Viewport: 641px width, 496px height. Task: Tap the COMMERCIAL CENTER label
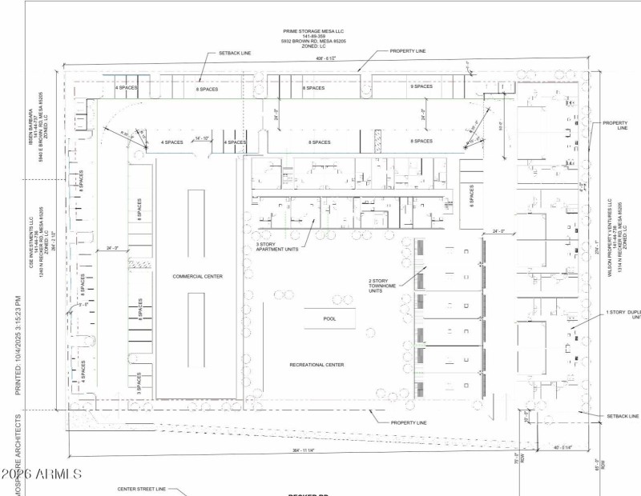point(197,276)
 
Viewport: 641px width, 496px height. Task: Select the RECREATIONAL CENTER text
point(316,365)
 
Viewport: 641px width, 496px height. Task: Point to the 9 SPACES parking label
point(422,86)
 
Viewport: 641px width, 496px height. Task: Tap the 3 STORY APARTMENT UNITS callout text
point(276,249)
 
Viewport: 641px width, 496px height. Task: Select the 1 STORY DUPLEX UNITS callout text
point(623,314)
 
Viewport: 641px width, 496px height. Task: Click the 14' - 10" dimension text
point(203,138)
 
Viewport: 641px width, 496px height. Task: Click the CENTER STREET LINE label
point(141,488)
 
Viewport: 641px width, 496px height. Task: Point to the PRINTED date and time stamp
point(18,345)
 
